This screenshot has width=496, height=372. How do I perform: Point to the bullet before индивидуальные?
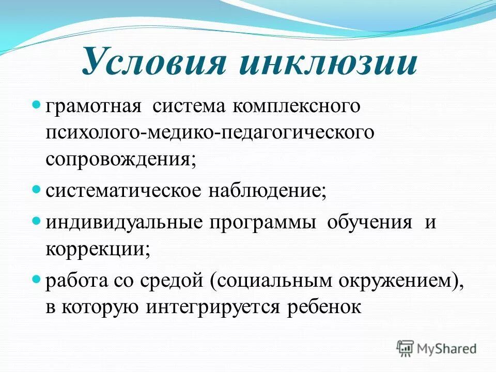pyautogui.click(x=37, y=221)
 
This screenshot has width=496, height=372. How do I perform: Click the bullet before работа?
pyautogui.click(x=37, y=279)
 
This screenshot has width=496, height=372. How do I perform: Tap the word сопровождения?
pyautogui.click(x=119, y=158)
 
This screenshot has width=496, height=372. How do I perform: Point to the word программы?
pyautogui.click(x=262, y=223)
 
